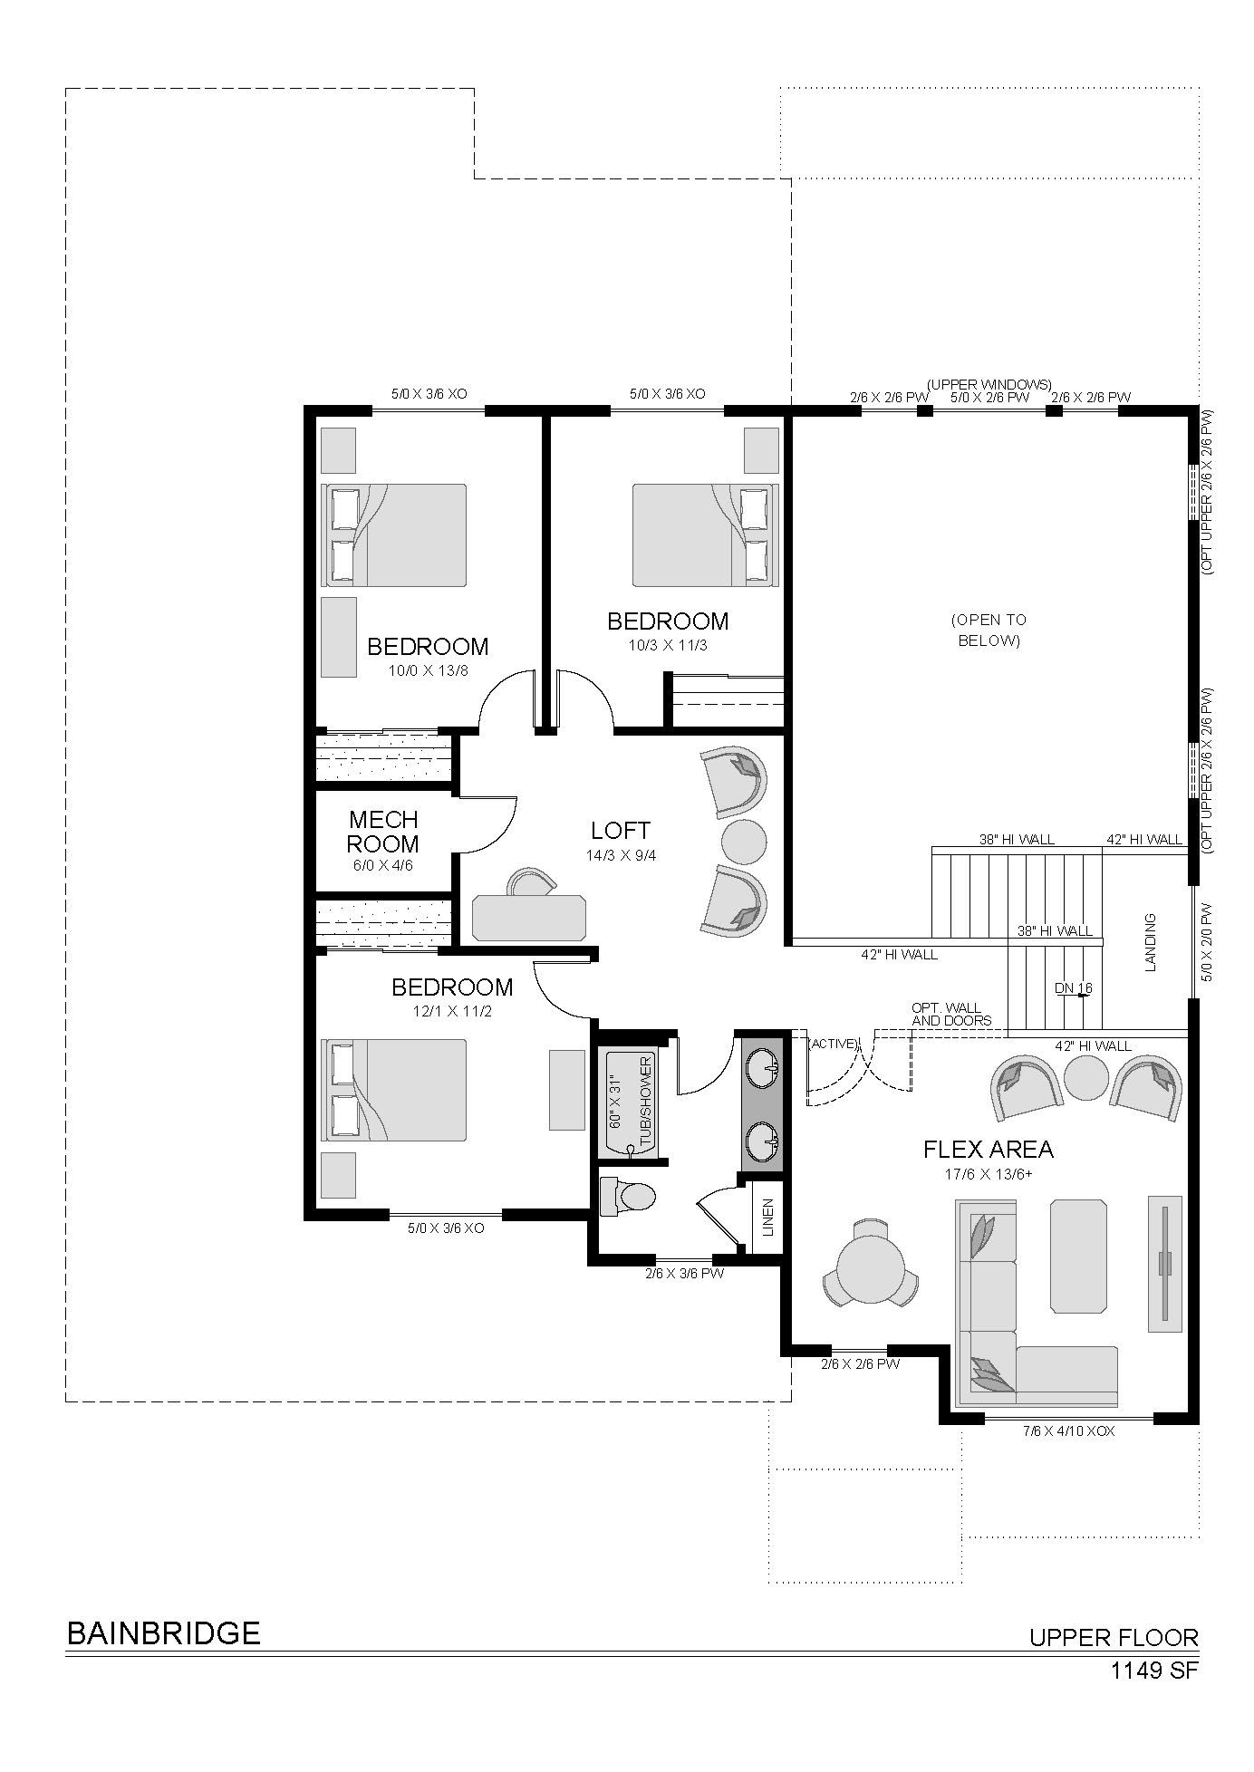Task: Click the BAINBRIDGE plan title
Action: coord(164,1633)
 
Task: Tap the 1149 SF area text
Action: coord(1154,1670)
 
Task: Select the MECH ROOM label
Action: coord(383,832)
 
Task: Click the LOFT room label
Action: coord(621,830)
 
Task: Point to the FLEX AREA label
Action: coord(989,1150)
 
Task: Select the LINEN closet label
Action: coord(768,1218)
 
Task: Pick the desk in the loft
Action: coord(529,916)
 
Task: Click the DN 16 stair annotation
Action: coord(1074,987)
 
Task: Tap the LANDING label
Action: coord(1151,942)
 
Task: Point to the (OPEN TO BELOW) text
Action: coord(989,630)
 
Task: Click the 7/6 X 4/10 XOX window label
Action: coord(1068,1431)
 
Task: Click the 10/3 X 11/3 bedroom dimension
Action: coord(668,645)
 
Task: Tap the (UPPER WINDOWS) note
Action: coord(989,385)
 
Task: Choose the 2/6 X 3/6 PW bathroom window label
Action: coord(684,1273)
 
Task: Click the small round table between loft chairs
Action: coord(745,842)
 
